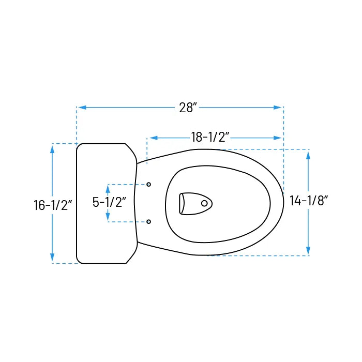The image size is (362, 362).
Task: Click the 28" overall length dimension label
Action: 188,108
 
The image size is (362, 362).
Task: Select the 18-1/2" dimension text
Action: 210,138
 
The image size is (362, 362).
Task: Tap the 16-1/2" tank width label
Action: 52,205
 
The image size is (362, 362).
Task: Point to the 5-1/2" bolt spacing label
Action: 110,202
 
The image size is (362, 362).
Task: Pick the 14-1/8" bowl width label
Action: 309,201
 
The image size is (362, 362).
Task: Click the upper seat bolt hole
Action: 149,185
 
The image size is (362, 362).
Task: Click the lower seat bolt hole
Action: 149,221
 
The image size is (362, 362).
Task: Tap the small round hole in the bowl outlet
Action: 204,203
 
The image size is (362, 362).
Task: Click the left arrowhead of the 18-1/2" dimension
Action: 153,138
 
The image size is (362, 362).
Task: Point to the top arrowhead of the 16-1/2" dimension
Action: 52,148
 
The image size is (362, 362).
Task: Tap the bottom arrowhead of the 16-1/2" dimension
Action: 52,258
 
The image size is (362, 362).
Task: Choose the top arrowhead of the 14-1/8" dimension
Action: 309,155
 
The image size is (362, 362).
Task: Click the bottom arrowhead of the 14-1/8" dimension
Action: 309,250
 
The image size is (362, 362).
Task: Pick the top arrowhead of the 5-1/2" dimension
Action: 108,189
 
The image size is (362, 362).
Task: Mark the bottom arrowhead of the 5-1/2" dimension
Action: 108,217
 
